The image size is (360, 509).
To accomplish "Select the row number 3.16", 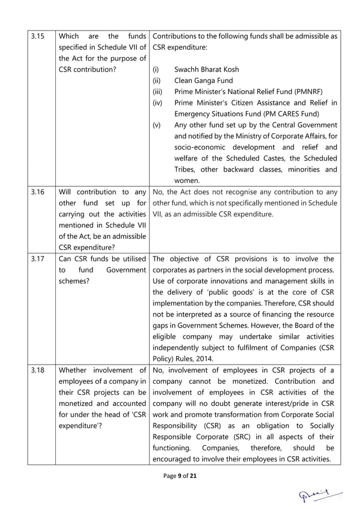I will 37,192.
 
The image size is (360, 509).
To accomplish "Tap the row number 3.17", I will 37,259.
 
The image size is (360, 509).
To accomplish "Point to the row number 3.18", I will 37,370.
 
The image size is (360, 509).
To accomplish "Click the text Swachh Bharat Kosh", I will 207,69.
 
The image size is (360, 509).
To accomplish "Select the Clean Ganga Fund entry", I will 204,81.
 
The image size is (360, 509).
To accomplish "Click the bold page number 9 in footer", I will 179,477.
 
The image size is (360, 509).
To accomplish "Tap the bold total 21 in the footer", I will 193,477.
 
